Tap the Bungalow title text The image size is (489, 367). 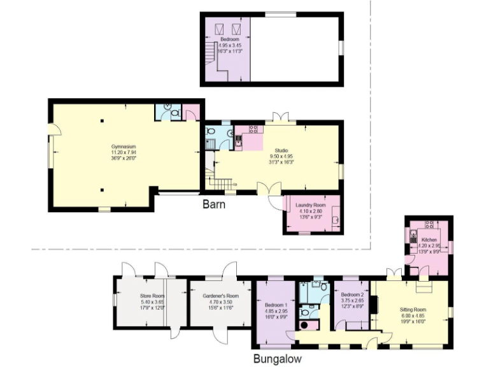(277, 359)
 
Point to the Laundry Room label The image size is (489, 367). (310, 205)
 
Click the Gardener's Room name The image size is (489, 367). (220, 296)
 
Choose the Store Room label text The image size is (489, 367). (152, 296)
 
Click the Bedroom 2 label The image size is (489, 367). (351, 295)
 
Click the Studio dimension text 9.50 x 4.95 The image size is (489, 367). (281, 156)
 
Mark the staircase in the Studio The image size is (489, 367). (220, 184)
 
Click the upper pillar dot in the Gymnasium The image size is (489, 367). (101, 119)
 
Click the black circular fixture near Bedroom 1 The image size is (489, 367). (304, 325)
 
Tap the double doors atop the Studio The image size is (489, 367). (281, 117)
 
